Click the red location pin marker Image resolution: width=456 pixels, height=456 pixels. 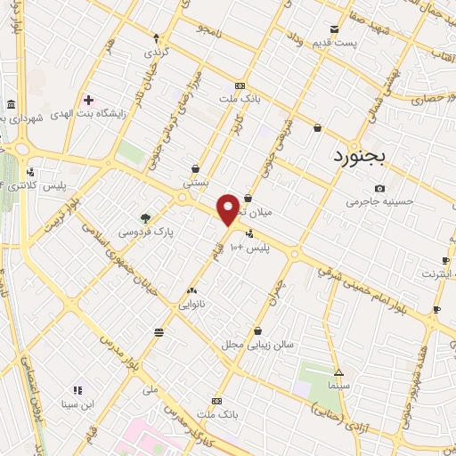(x=229, y=208)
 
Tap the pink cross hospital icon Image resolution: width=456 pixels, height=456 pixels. (x=88, y=99)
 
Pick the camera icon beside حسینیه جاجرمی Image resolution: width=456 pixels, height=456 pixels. (x=380, y=188)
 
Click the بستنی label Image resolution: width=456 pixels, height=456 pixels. (x=195, y=182)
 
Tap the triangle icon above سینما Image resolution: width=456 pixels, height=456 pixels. (x=338, y=371)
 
